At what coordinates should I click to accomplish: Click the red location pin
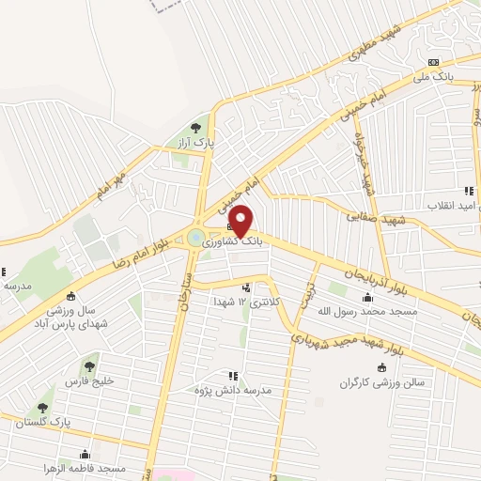coord(241,221)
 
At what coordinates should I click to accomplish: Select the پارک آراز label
coord(198,143)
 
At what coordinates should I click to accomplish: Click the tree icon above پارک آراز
coord(196,126)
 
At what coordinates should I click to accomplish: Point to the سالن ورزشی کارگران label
coord(383,383)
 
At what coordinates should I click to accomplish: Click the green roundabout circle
coord(196,238)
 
